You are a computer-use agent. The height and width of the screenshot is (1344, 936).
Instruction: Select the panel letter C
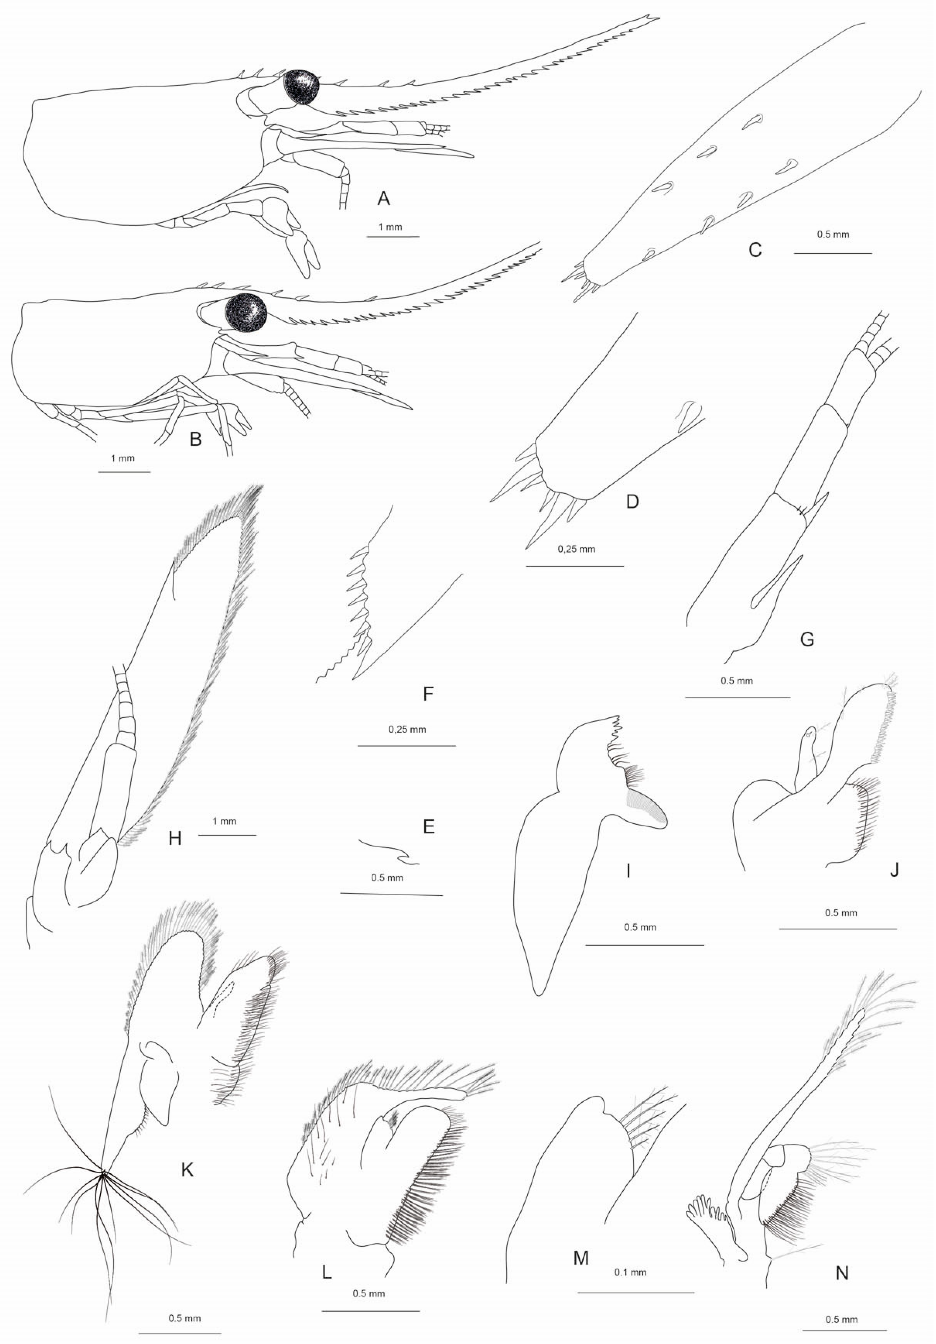pyautogui.click(x=755, y=250)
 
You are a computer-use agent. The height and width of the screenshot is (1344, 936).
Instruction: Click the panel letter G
pyautogui.click(x=807, y=639)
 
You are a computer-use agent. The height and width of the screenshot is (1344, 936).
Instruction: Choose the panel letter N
pyautogui.click(x=842, y=1272)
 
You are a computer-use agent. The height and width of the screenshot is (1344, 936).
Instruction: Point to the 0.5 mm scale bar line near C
pyautogui.click(x=832, y=253)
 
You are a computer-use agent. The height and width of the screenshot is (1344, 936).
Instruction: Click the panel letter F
pyautogui.click(x=428, y=694)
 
